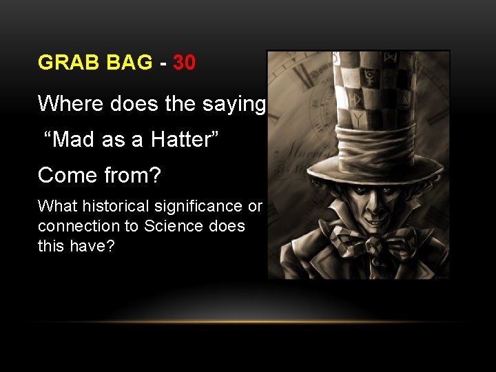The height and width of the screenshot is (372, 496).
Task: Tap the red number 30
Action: pyautogui.click(x=184, y=63)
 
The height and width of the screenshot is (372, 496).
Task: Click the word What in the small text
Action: pyautogui.click(x=53, y=206)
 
